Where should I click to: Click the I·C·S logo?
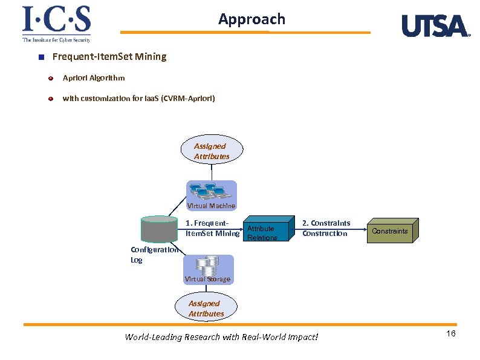[56, 24]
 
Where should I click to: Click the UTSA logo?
[435, 26]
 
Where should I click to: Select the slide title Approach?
[251, 19]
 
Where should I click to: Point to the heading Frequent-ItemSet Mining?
[109, 57]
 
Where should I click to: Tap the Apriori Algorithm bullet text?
[94, 78]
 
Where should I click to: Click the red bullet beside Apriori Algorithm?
[51, 78]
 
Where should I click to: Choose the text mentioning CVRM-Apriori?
[138, 98]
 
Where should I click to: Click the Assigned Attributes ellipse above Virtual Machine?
[212, 151]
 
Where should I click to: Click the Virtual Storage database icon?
[208, 266]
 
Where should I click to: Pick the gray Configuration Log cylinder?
[158, 230]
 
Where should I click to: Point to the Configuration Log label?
[154, 255]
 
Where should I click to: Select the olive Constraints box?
[391, 231]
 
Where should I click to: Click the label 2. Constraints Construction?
[326, 229]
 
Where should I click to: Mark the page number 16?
[450, 335]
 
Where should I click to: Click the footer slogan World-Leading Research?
[221, 337]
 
